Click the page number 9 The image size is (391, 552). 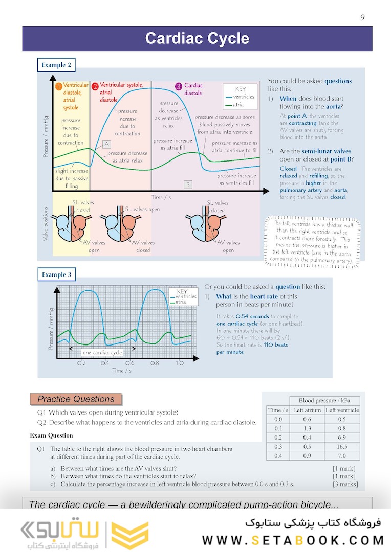[362, 17]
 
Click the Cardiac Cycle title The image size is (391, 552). [197, 39]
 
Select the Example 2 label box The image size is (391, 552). [56, 65]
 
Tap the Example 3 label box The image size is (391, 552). [56, 274]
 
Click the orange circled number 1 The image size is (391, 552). [59, 86]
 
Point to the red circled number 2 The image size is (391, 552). [95, 86]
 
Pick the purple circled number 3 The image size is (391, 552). [178, 86]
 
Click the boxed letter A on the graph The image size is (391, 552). [106, 144]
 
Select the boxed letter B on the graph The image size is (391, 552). [188, 184]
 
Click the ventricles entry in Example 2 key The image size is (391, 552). [243, 97]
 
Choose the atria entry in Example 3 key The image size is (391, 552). [180, 302]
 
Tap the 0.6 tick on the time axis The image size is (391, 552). [130, 363]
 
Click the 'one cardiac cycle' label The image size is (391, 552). [102, 353]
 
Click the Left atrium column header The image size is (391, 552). [307, 410]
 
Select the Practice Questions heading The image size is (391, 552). [76, 399]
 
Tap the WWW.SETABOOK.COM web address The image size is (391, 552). [293, 540]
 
